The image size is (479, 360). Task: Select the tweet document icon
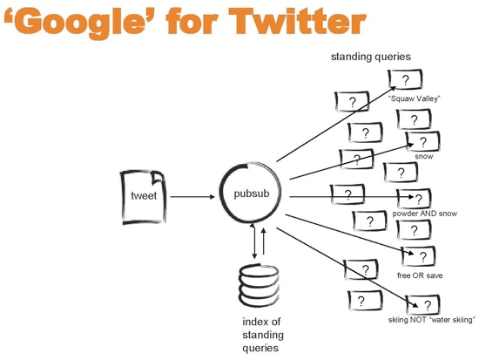pyautogui.click(x=144, y=197)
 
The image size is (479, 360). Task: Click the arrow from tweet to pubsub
pyautogui.click(x=192, y=197)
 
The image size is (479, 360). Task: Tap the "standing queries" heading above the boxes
pyautogui.click(x=370, y=57)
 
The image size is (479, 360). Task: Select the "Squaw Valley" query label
pyautogui.click(x=414, y=98)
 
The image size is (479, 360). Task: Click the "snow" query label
pyautogui.click(x=424, y=156)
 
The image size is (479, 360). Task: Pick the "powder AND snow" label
pyautogui.click(x=425, y=214)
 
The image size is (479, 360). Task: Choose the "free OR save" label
pyautogui.click(x=420, y=275)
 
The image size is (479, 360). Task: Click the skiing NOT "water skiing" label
pyautogui.click(x=432, y=320)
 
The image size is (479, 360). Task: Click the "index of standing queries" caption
pyautogui.click(x=263, y=335)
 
